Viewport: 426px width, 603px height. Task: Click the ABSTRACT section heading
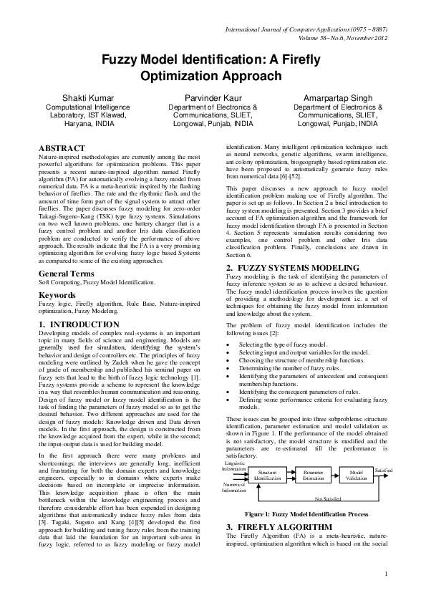coord(62,148)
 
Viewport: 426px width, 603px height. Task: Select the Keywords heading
coord(57,314)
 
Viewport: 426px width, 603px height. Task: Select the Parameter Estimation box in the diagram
coord(313,476)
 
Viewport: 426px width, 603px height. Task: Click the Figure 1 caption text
coord(306,514)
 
